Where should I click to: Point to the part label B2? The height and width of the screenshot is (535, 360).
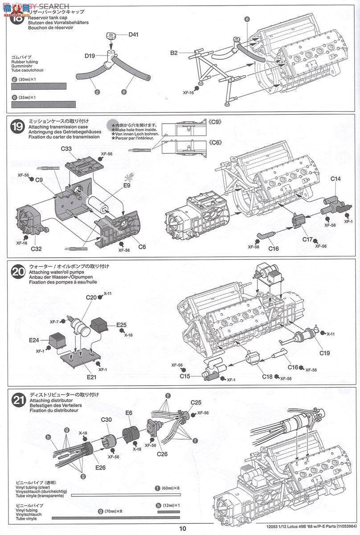(x=174, y=53)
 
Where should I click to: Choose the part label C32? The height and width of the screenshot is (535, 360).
(x=37, y=249)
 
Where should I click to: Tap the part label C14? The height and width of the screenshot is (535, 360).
(x=336, y=179)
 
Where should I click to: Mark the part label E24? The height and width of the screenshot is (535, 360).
(x=34, y=340)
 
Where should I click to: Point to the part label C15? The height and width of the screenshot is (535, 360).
(x=185, y=376)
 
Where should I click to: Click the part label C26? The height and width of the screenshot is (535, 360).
(x=162, y=453)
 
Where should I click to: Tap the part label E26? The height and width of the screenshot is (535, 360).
(x=101, y=468)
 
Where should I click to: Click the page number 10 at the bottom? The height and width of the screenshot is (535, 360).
(x=183, y=529)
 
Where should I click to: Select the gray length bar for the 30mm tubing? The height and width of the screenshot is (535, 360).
(x=39, y=86)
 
